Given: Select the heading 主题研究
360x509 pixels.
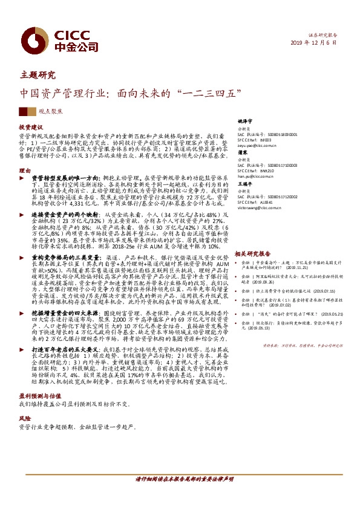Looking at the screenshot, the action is tap(38, 76).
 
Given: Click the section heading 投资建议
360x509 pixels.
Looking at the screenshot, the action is tap(30, 129).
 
